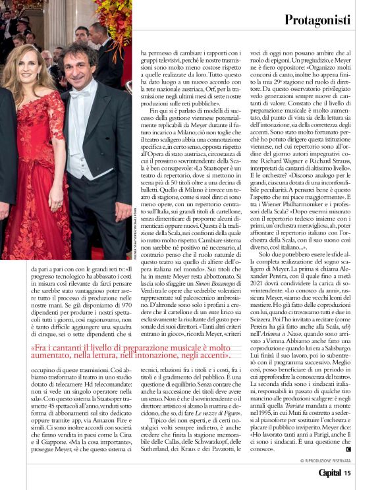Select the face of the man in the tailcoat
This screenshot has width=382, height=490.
coord(76,65)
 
